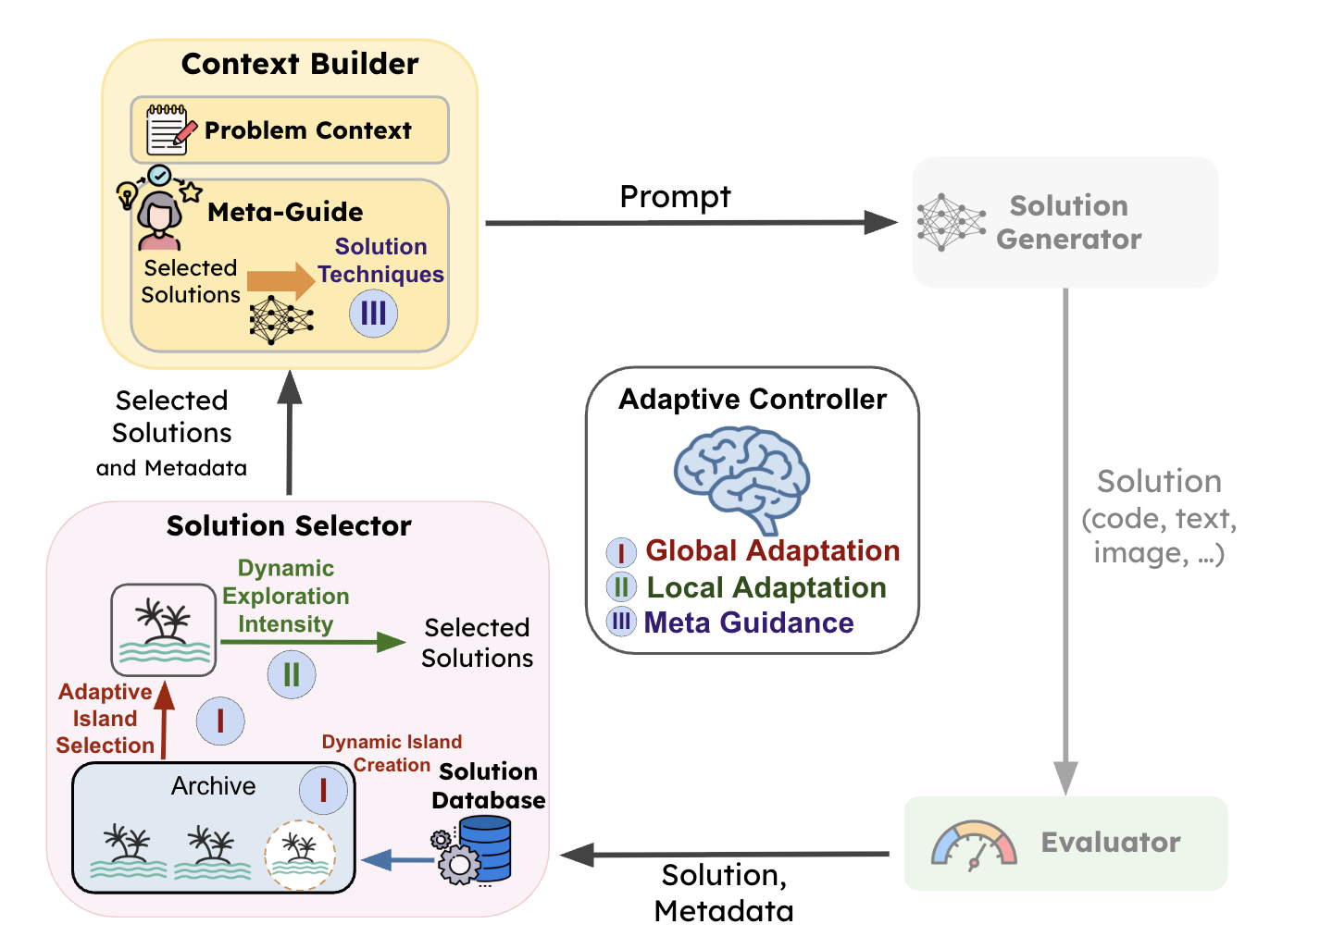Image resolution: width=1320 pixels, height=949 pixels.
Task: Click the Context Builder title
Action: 299,64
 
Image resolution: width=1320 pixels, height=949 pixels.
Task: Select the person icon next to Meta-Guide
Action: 159,220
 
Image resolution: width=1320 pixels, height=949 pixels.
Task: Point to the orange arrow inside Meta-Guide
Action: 280,280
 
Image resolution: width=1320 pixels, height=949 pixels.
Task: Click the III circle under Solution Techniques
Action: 373,314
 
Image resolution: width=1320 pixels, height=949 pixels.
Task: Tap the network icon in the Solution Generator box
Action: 951,222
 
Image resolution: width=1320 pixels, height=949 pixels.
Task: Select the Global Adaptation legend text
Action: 772,550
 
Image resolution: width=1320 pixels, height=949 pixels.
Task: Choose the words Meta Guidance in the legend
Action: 748,622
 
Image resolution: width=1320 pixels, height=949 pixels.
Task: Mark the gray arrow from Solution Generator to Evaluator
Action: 1065,536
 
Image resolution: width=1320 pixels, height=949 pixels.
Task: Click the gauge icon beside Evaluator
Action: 974,844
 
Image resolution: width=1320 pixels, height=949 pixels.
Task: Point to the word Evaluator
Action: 1110,842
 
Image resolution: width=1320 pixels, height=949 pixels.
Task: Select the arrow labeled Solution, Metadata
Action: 727,855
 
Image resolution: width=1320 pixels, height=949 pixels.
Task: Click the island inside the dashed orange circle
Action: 299,854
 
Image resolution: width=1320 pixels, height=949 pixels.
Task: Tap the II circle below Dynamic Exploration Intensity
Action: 291,674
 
